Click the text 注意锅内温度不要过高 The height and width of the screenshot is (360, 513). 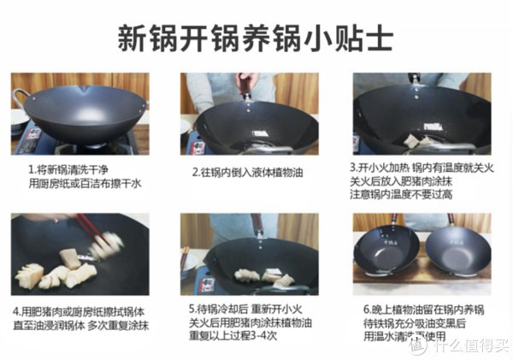[x=410, y=195]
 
